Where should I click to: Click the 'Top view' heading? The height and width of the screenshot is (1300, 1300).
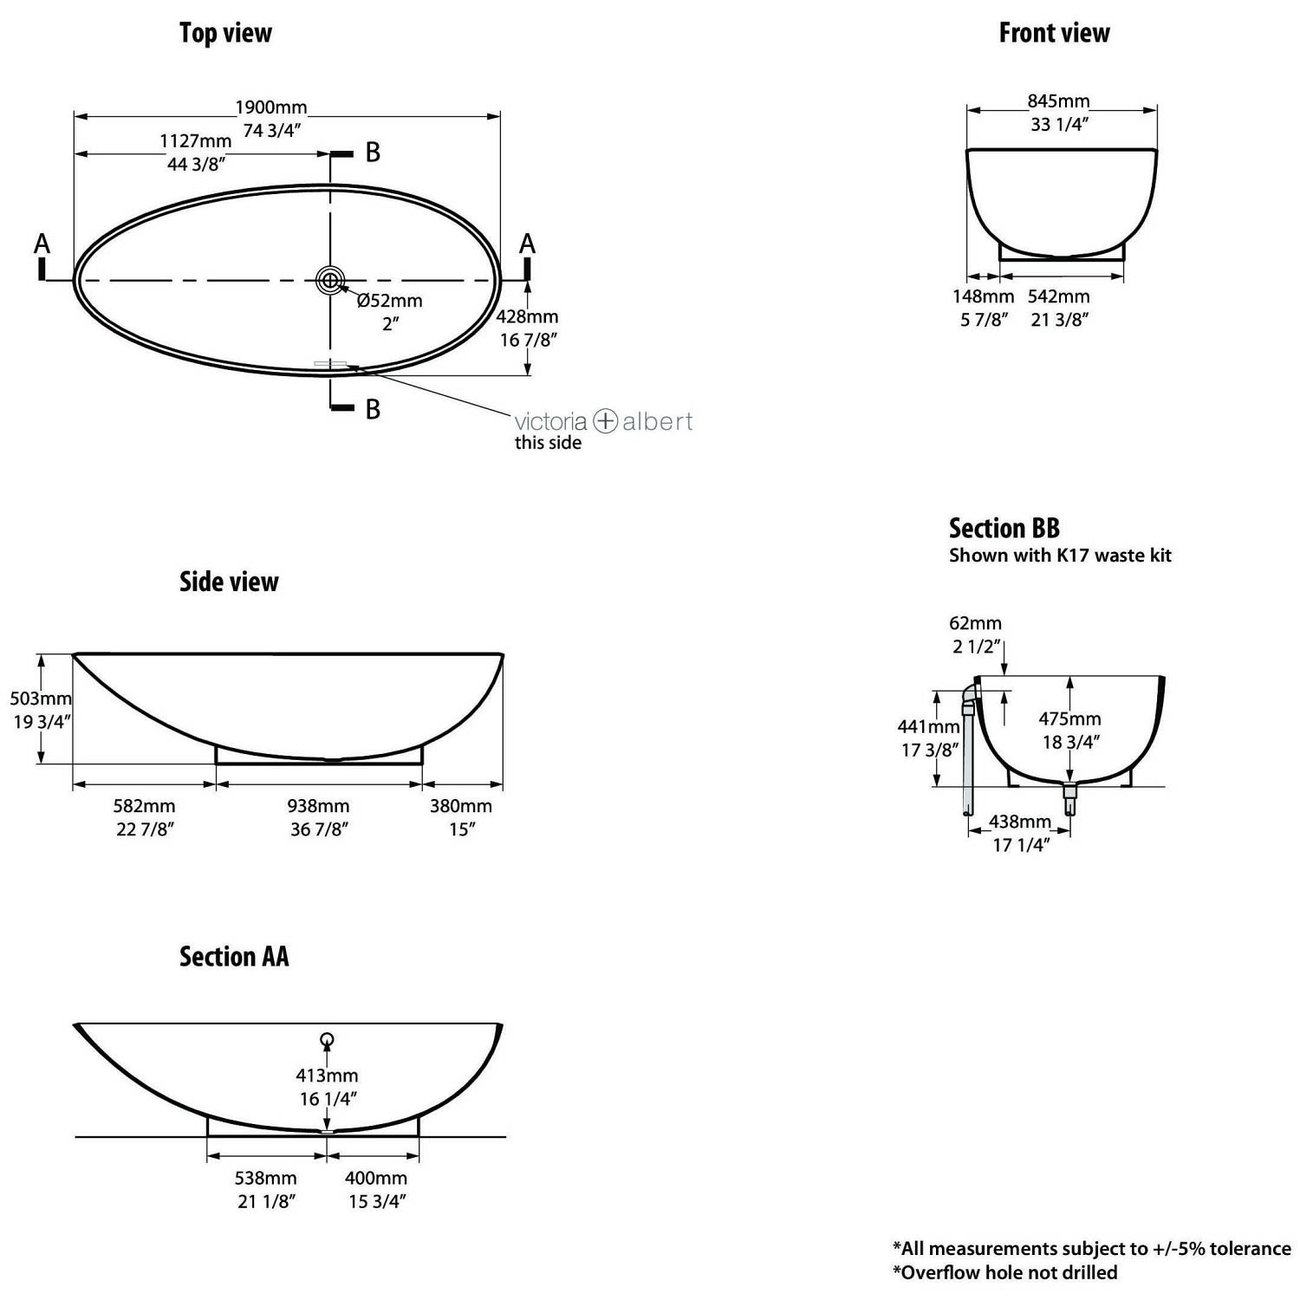tap(225, 33)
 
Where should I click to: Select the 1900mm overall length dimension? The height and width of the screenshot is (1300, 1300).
tap(271, 107)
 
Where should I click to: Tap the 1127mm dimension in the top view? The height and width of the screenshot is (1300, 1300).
tap(196, 140)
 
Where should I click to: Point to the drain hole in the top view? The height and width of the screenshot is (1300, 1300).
tap(330, 280)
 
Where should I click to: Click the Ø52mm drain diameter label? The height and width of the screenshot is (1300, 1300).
tap(390, 301)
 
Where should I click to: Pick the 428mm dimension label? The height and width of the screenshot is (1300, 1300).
tap(527, 317)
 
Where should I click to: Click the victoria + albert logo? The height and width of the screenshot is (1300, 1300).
tap(603, 422)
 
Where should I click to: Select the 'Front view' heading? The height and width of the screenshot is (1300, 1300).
tap(1054, 33)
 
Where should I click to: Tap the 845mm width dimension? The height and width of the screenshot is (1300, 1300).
tap(1059, 101)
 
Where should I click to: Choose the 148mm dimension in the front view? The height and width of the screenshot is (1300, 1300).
tap(983, 296)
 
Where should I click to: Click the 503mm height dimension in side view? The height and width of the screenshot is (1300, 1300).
tap(41, 699)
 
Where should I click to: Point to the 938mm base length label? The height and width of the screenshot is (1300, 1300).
tap(319, 806)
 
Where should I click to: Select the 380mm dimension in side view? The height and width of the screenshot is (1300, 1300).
tap(461, 806)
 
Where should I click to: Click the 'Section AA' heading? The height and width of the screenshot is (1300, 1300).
tap(234, 957)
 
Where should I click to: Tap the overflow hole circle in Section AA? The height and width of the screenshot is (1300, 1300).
tap(327, 1040)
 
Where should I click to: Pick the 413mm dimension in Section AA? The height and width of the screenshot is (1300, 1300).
tap(327, 1076)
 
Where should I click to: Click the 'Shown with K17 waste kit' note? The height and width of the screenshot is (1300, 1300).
tap(1060, 556)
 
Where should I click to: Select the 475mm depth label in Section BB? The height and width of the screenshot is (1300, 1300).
tap(1070, 718)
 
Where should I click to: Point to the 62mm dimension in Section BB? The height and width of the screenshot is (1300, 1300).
tap(975, 623)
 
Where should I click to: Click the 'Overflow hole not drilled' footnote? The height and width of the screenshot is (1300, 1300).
tap(1004, 1272)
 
